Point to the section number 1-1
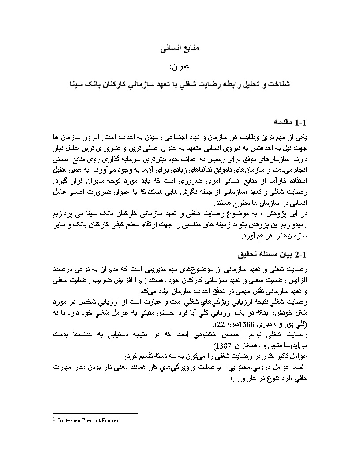[304, 121]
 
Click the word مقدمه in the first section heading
[283, 121]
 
